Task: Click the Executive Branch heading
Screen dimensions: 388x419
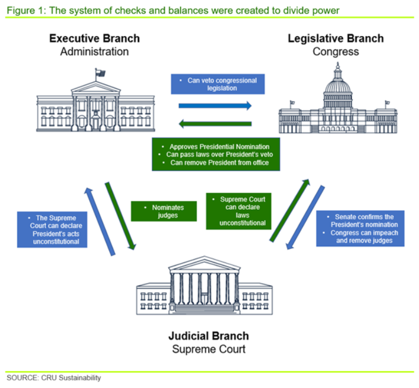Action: (94, 38)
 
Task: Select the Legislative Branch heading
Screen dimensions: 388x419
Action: (336, 38)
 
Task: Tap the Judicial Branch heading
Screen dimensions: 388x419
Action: (209, 335)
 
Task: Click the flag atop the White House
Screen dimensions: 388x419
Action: (100, 73)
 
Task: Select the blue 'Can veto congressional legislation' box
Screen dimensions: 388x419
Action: (217, 84)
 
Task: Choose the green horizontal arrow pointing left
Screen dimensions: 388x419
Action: (215, 124)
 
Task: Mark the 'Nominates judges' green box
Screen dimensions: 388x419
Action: (164, 211)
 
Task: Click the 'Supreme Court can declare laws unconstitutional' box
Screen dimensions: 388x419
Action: (239, 211)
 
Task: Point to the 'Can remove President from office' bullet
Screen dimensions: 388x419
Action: (216, 163)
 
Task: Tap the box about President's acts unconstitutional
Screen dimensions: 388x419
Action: (53, 230)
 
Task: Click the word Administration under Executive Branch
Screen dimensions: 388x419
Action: (94, 52)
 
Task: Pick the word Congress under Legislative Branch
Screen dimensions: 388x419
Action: (336, 52)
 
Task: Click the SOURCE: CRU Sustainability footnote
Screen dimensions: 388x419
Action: (54, 378)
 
